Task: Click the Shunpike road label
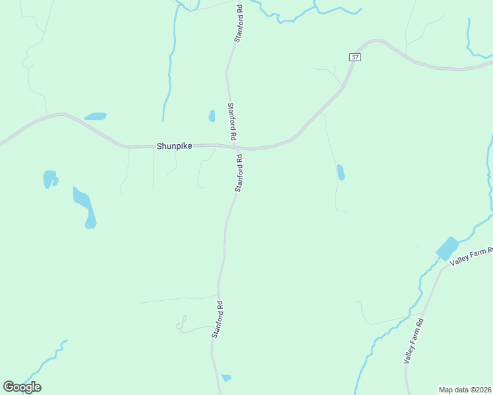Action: click(x=175, y=146)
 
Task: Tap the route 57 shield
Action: click(x=355, y=58)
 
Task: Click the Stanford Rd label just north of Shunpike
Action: click(x=231, y=120)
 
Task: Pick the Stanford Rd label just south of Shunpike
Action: click(x=239, y=173)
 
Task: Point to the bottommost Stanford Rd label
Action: click(x=218, y=319)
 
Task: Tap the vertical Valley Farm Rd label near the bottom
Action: click(x=413, y=340)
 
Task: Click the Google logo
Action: click(x=22, y=387)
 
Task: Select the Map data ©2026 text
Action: click(x=465, y=389)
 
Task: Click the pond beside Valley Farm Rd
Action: click(x=448, y=249)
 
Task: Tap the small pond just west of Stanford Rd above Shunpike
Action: click(x=212, y=116)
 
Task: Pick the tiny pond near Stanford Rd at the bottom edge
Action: click(x=227, y=378)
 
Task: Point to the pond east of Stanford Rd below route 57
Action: click(x=341, y=172)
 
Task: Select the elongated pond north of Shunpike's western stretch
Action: click(x=96, y=117)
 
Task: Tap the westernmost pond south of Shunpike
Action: click(x=49, y=178)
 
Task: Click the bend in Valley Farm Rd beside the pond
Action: click(x=440, y=269)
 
